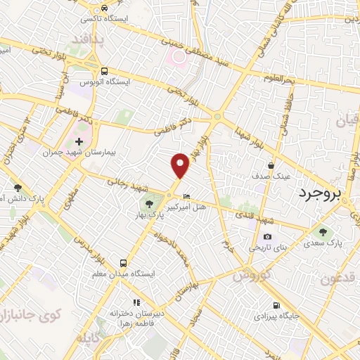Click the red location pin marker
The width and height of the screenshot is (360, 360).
point(181,165)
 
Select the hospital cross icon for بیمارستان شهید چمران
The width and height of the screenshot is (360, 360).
point(79,141)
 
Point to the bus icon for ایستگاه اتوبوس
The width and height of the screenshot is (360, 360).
point(103,71)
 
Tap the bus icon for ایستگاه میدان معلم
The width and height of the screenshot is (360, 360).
point(123,259)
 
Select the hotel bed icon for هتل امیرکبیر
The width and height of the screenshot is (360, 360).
point(186,196)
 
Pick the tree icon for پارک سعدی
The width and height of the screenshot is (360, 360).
point(323,232)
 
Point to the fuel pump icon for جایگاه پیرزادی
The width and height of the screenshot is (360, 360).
point(276,305)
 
